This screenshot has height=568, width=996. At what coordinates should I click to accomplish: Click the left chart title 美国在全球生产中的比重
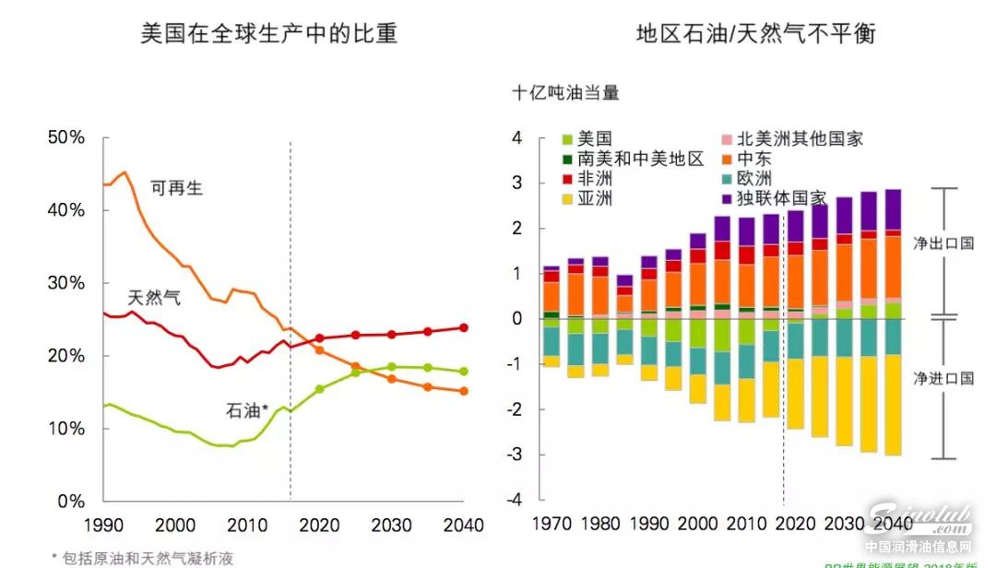(x=268, y=34)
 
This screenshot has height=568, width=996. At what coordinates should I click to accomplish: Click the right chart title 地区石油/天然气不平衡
(x=755, y=34)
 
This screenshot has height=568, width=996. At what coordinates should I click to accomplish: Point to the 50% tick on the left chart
(x=66, y=137)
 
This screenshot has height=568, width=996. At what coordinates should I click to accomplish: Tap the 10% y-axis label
(x=66, y=429)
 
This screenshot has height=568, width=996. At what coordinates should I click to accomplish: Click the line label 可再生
(x=176, y=188)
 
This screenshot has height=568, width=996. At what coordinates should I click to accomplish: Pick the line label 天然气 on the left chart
(x=154, y=298)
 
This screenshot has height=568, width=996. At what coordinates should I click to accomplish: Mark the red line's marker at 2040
(x=464, y=327)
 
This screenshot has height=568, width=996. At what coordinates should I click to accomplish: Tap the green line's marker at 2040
(x=464, y=372)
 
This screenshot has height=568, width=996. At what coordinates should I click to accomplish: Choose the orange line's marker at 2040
(x=464, y=391)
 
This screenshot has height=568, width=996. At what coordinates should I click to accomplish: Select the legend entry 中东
(x=754, y=160)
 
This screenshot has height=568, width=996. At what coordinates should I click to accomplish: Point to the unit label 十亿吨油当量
(x=565, y=93)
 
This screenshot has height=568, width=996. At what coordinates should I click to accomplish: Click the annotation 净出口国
(x=943, y=244)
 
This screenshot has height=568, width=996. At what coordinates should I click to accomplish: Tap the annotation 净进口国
(x=943, y=379)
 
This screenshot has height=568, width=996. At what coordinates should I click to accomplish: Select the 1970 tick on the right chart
(x=552, y=524)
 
